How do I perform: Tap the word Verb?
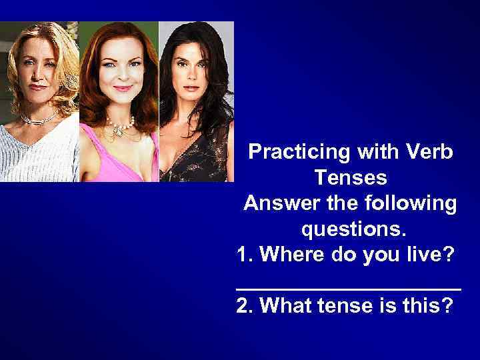pyautogui.click(x=429, y=152)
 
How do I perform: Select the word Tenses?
pyautogui.click(x=349, y=178)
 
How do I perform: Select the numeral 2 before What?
pyautogui.click(x=243, y=306)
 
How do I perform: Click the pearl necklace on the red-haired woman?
pyautogui.click(x=120, y=124)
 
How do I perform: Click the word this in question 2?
pyautogui.click(x=431, y=306)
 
